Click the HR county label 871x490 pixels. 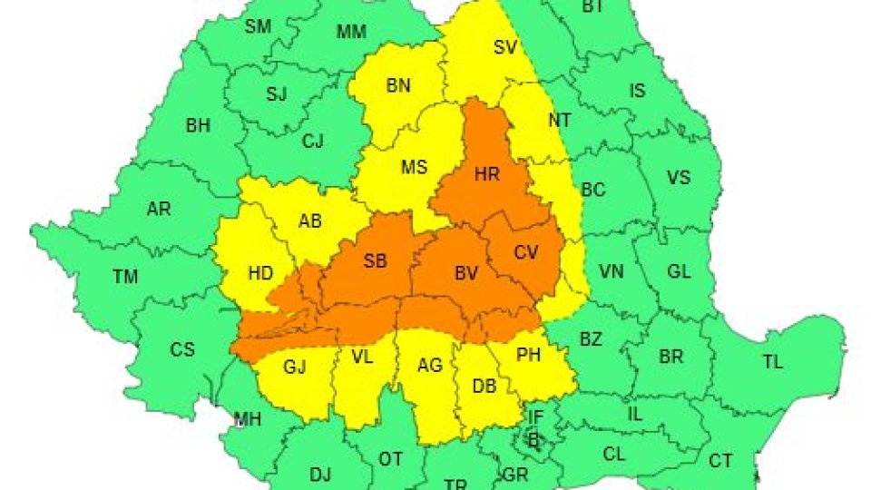pyautogui.click(x=487, y=175)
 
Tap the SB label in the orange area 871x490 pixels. pyautogui.click(x=375, y=261)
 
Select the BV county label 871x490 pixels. pyautogui.click(x=466, y=271)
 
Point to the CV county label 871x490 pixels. pyautogui.click(x=526, y=252)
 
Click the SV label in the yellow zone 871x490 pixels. pyautogui.click(x=504, y=48)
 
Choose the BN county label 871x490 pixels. pyautogui.click(x=398, y=86)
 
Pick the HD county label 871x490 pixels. pyautogui.click(x=260, y=271)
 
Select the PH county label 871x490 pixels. pyautogui.click(x=528, y=356)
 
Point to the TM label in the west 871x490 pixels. pyautogui.click(x=125, y=277)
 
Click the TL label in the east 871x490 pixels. pyautogui.click(x=772, y=362)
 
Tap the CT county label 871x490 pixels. pyautogui.click(x=720, y=462)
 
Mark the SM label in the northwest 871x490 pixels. pyautogui.click(x=258, y=27)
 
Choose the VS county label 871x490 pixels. pyautogui.click(x=679, y=178)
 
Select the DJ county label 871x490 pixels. pyautogui.click(x=320, y=474)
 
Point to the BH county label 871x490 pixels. pyautogui.click(x=198, y=126)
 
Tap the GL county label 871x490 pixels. pyautogui.click(x=679, y=271)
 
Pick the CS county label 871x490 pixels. pyautogui.click(x=182, y=349)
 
